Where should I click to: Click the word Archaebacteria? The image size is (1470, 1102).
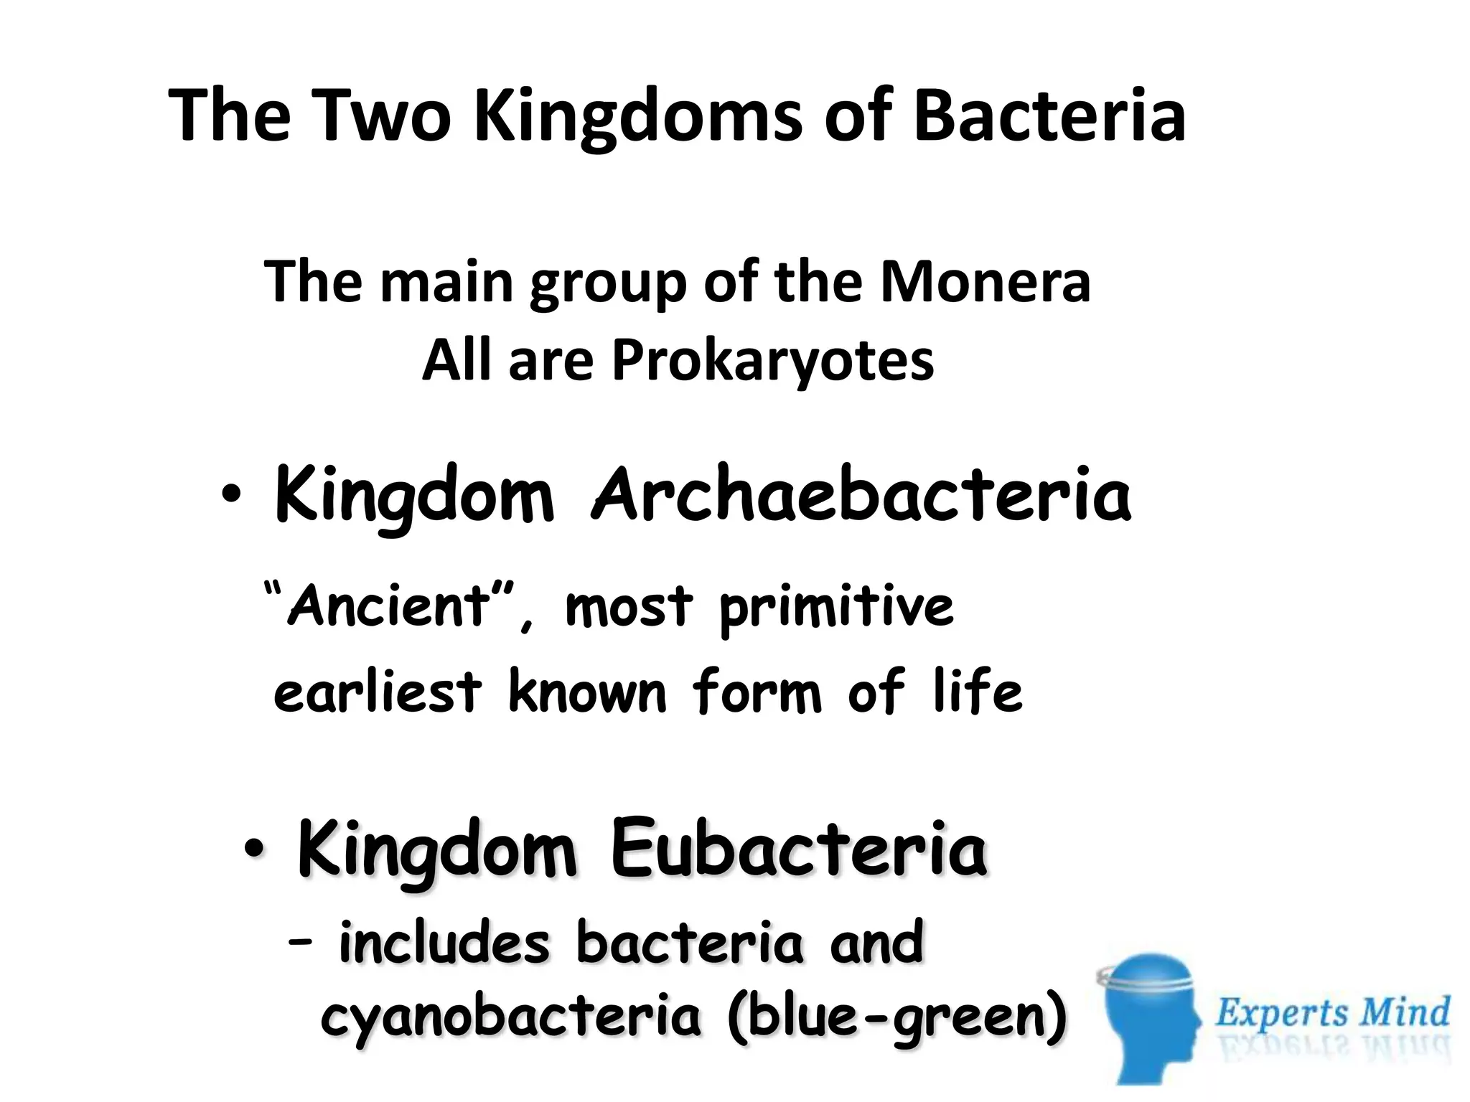(861, 494)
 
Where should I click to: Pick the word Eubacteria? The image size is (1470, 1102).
(798, 851)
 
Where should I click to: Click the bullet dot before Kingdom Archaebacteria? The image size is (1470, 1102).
(230, 495)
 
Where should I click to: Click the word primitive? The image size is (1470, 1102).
(836, 608)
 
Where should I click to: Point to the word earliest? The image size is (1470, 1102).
(378, 692)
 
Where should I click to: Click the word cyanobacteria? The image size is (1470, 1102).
(510, 1017)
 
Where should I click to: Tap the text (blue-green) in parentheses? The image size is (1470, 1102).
(896, 1017)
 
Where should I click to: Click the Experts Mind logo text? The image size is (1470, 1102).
(1332, 1013)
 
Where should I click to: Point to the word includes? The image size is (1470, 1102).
(444, 941)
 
